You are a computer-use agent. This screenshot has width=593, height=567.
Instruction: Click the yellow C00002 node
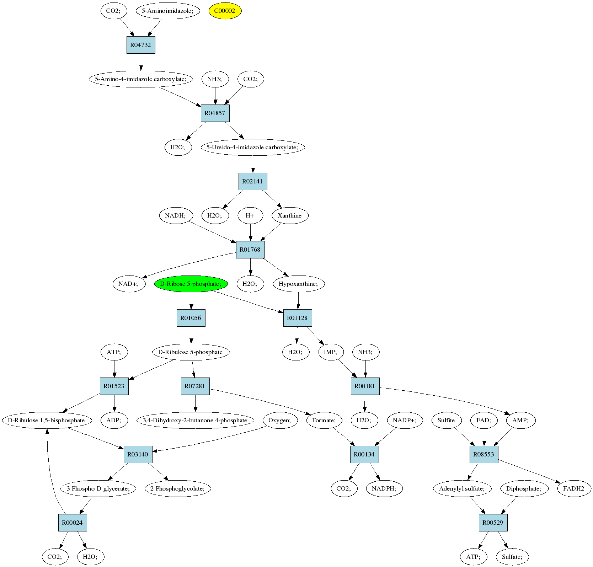(225, 11)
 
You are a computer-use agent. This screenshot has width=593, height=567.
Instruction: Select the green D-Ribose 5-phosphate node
(191, 284)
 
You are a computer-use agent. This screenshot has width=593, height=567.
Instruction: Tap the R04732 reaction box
(141, 45)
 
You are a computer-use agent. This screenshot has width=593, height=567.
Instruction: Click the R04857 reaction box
(215, 113)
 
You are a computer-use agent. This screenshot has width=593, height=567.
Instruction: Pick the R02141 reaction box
(252, 182)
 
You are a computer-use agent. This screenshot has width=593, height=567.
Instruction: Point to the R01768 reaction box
(250, 250)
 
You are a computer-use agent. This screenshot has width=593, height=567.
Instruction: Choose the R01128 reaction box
(298, 318)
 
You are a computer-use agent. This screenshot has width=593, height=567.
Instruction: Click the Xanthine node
(290, 215)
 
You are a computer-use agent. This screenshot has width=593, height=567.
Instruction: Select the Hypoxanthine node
(299, 284)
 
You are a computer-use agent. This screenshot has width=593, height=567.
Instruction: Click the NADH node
(176, 215)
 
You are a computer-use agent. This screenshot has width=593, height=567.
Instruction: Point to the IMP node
(330, 352)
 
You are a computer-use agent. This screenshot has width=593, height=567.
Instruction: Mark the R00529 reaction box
(493, 523)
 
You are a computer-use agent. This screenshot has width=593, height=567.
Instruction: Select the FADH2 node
(573, 488)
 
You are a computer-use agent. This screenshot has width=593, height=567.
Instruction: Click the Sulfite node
(446, 420)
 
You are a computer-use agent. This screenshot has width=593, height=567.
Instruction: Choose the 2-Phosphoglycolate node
(178, 488)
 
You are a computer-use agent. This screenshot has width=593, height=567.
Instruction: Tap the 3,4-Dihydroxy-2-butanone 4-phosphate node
(195, 420)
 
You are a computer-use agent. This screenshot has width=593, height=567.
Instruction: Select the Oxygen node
(279, 420)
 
